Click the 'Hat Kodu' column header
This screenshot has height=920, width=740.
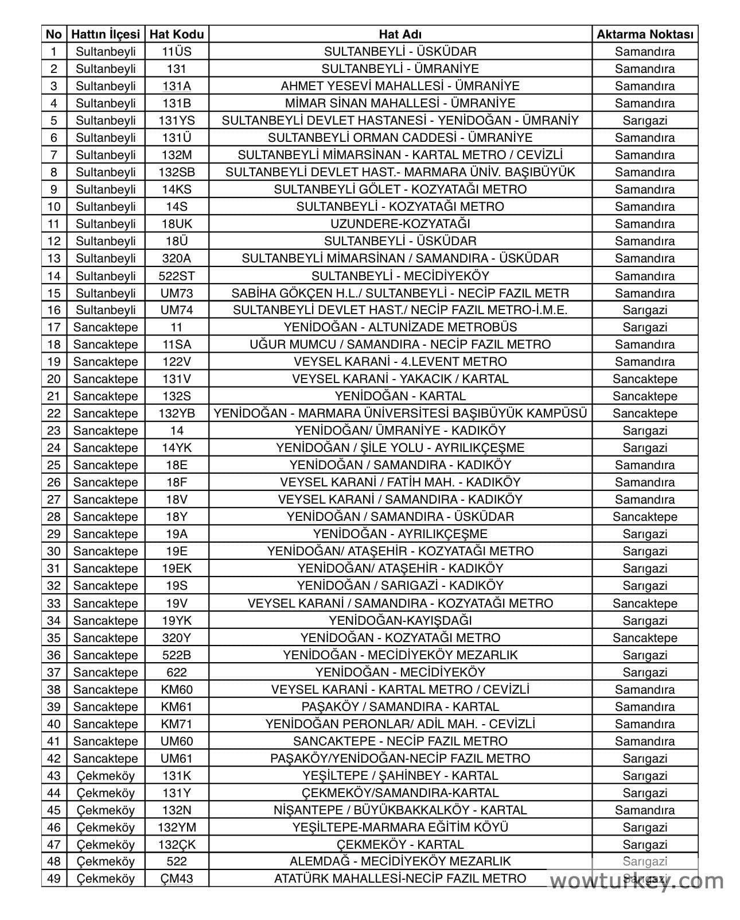coord(176,34)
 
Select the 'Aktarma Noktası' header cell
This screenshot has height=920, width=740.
coord(645,34)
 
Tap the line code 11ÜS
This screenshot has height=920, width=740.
coord(176,52)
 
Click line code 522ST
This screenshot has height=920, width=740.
coord(176,276)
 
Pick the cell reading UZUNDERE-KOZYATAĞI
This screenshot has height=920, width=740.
coord(400,224)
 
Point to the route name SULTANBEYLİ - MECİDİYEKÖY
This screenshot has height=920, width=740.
coord(400,276)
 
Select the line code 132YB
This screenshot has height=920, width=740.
coord(176,413)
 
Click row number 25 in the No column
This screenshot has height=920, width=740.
coord(54,465)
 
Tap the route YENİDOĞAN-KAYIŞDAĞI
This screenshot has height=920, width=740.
coord(400,620)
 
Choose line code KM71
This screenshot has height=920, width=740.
coord(176,724)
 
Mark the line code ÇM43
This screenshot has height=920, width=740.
coord(176,879)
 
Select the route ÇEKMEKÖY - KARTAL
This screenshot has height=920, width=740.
coord(400,844)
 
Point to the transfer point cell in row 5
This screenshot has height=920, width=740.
coord(645,121)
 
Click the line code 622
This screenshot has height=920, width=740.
coord(176,672)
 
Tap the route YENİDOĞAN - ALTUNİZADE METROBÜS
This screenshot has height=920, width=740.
coord(400,327)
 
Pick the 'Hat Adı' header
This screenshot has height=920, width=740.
coord(400,34)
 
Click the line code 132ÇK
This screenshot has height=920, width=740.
coord(176,844)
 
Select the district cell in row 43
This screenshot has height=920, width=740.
coord(106,775)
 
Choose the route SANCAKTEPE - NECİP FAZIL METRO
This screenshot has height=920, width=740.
coord(400,741)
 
